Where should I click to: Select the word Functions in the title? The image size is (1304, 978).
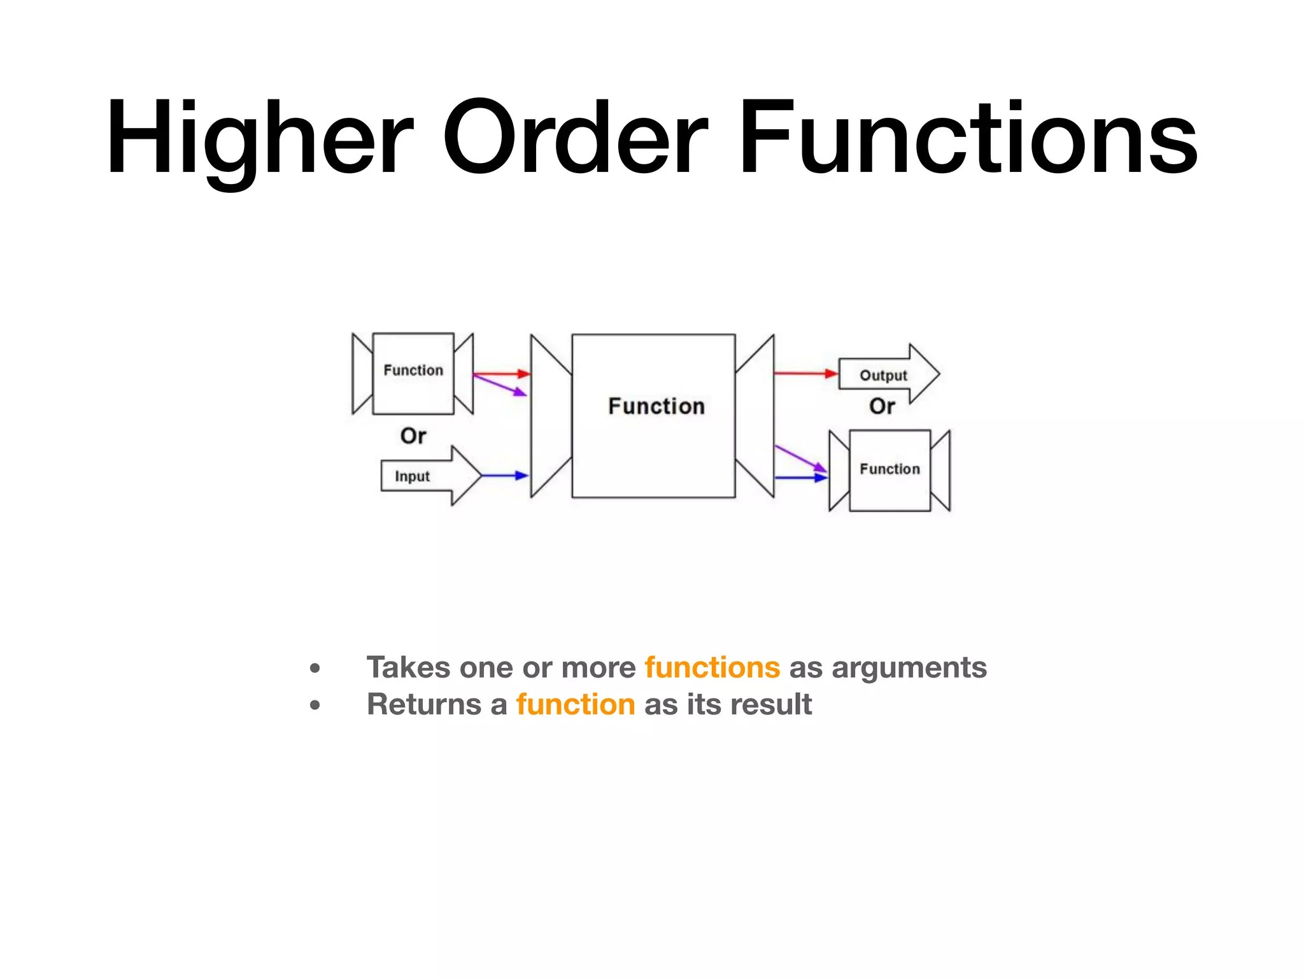tap(968, 138)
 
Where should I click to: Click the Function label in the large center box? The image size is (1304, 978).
tap(656, 406)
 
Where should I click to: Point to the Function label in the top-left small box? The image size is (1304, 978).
tap(413, 371)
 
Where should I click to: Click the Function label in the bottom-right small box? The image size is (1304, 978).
tap(889, 469)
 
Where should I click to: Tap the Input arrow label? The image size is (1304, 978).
tap(412, 476)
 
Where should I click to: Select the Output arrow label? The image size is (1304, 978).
tap(883, 376)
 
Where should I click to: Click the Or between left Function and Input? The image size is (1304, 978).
tap(413, 436)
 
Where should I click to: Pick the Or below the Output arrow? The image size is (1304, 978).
tap(882, 406)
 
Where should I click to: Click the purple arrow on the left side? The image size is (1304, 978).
tap(500, 386)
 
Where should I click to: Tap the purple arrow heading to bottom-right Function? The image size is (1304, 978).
tap(800, 458)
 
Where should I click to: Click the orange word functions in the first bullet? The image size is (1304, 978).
tap(712, 667)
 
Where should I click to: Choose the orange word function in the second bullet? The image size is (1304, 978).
tap(576, 704)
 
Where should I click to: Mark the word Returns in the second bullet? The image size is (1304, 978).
tap(423, 704)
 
